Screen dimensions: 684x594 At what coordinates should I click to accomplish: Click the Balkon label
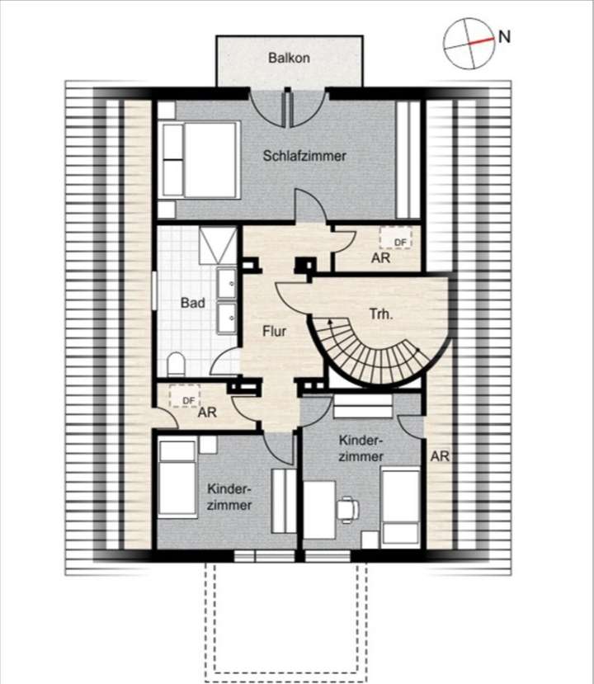288,59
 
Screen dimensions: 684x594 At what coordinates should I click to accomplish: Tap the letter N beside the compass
504,36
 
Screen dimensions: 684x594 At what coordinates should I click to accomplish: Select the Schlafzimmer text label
304,155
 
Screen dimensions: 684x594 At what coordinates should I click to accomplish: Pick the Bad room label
192,303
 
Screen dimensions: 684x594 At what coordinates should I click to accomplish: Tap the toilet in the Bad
176,363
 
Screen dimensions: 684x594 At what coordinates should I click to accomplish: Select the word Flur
274,331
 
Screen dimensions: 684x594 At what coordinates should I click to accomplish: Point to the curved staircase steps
371,355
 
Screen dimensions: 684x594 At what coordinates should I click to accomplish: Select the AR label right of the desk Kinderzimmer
440,455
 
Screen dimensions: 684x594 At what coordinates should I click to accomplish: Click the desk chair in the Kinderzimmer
346,508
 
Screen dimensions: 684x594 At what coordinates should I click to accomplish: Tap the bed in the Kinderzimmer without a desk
177,478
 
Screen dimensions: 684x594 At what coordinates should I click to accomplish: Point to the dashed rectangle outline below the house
289,619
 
